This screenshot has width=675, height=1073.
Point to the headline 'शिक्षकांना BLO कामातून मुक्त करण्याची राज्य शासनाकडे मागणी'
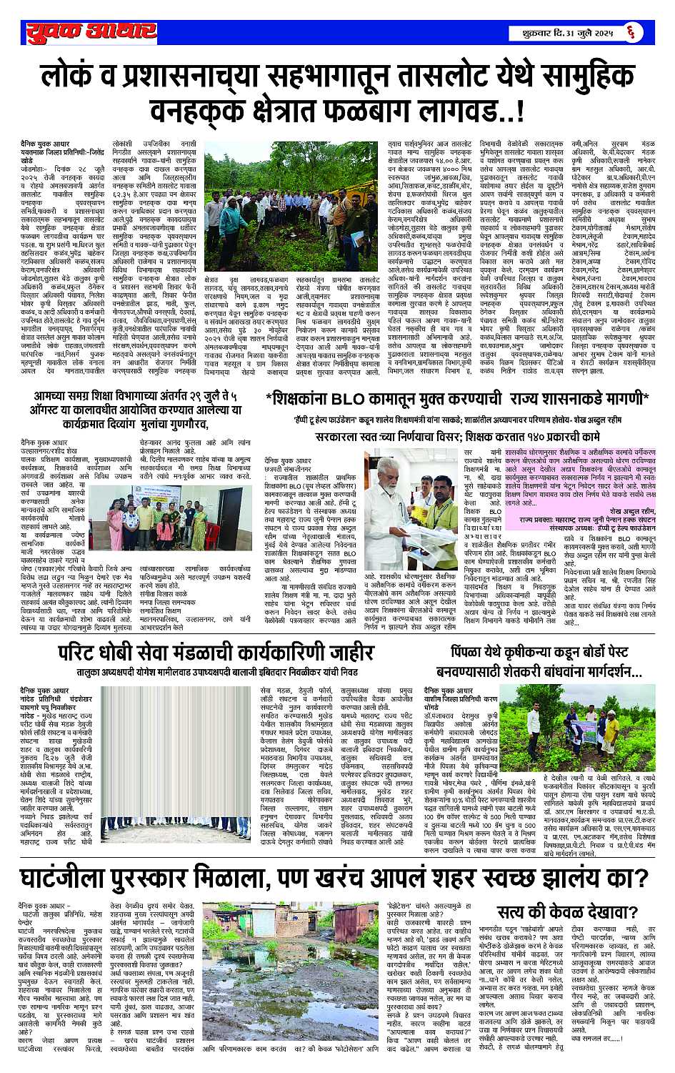(456, 399)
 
